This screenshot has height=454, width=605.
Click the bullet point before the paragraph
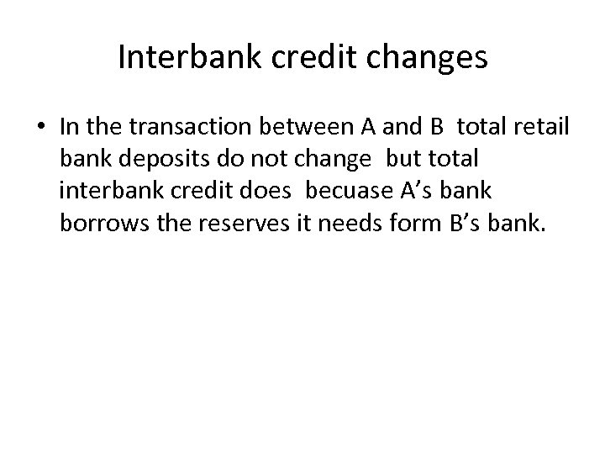[x=42, y=126]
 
